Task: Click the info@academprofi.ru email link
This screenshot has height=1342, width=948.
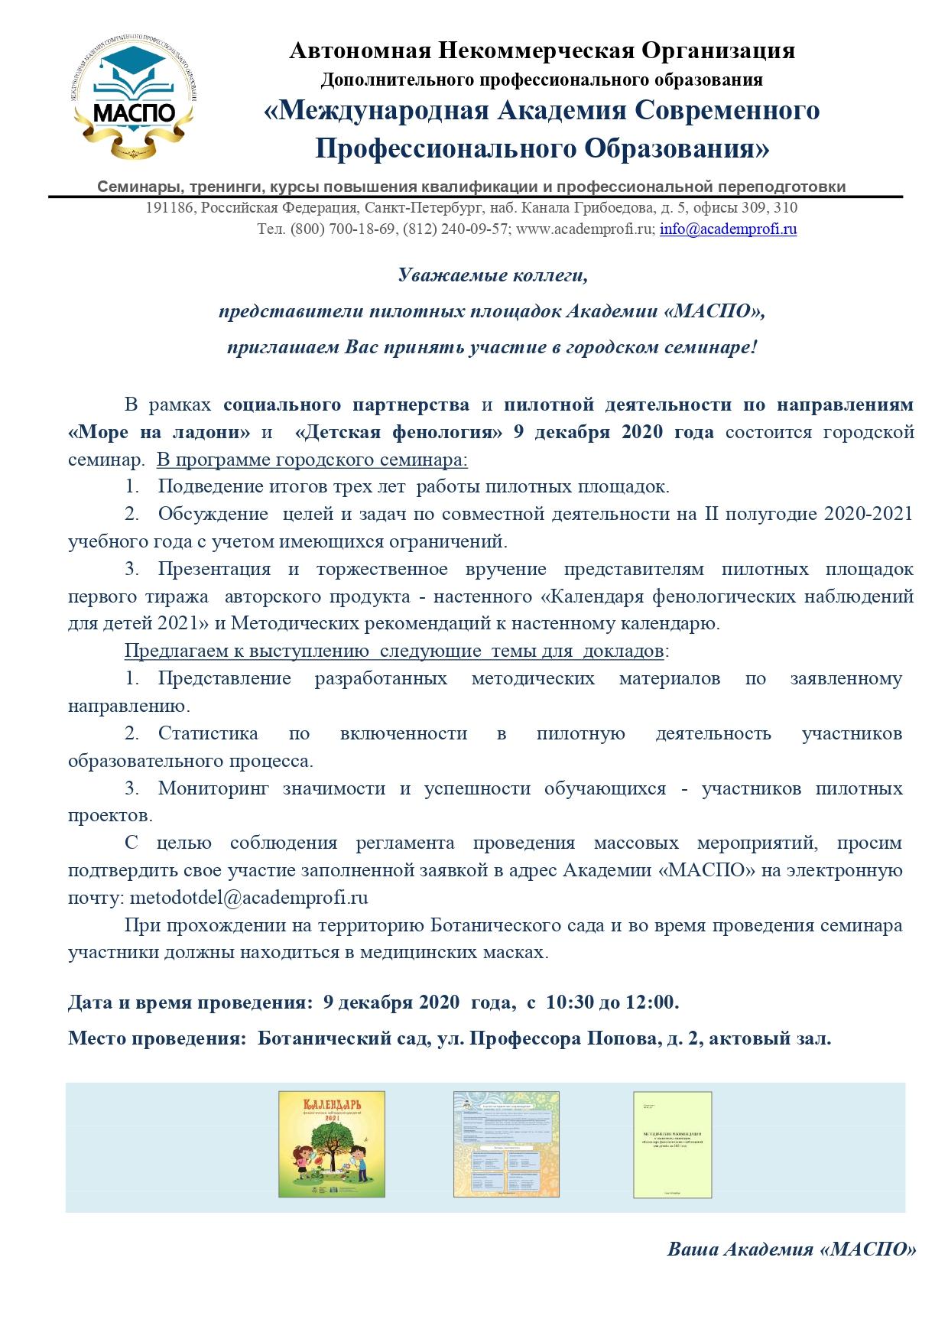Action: click(x=728, y=229)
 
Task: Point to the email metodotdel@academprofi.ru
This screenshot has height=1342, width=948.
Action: click(x=249, y=897)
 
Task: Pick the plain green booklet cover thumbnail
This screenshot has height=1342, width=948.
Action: click(x=672, y=1144)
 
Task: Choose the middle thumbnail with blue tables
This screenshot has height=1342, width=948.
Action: click(x=505, y=1144)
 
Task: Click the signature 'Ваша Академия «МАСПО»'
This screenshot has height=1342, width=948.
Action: click(x=791, y=1249)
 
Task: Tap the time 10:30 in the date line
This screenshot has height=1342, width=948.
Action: click(x=570, y=1001)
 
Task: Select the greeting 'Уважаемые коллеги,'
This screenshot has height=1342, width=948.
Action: click(x=493, y=275)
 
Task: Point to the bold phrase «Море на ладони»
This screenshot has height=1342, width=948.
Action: click(x=159, y=431)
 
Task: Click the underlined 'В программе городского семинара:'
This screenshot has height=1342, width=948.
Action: click(x=312, y=460)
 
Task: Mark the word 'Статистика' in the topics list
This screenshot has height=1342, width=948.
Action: click(x=208, y=733)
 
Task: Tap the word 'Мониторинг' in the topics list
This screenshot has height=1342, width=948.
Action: click(x=213, y=788)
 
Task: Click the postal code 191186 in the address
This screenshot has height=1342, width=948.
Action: click(x=171, y=207)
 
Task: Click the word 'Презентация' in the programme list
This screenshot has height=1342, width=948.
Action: click(x=214, y=568)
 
